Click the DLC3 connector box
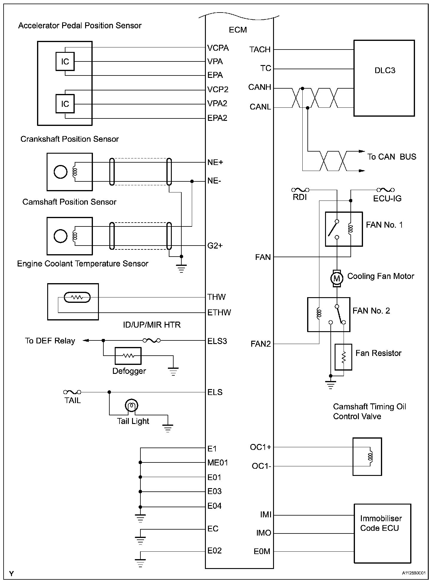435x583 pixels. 384,78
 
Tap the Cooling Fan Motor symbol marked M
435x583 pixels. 337,279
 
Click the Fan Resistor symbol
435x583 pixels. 343,357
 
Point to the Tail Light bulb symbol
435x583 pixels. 131,405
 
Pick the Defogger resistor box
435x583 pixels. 128,356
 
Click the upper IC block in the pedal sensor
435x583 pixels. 65,61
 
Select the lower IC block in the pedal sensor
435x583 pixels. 65,104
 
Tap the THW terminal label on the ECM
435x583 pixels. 217,297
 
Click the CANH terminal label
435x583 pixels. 259,87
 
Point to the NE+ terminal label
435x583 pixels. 215,163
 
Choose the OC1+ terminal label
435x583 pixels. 261,447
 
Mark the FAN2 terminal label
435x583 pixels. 261,344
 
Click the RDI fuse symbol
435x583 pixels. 300,190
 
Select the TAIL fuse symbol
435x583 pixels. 72,392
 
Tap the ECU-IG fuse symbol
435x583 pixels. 385,190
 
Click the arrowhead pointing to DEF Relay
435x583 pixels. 86,340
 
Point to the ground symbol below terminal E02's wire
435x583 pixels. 140,562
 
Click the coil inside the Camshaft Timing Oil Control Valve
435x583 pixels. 370,456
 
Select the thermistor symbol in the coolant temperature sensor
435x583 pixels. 77,297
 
